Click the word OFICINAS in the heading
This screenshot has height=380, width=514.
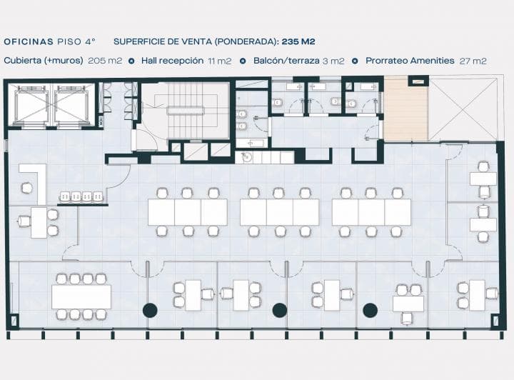(x=29, y=41)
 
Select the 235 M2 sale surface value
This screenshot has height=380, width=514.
(x=298, y=41)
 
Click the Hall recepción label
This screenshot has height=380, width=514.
(x=173, y=61)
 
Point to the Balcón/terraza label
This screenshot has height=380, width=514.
(x=286, y=61)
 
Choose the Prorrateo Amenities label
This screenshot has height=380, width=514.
(x=410, y=61)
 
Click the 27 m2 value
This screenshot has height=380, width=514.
(x=473, y=61)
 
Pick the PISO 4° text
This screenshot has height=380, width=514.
(x=76, y=41)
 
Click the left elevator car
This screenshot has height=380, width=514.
(x=29, y=105)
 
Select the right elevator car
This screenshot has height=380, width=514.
(x=72, y=105)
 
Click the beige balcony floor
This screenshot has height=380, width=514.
(x=405, y=111)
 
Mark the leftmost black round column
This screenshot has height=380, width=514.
(x=150, y=310)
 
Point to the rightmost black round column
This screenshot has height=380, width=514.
(x=370, y=310)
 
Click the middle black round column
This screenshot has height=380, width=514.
(x=280, y=310)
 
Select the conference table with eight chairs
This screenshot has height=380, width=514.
(x=81, y=296)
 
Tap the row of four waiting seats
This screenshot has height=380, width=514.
(x=81, y=196)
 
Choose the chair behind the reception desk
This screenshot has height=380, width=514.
(x=26, y=188)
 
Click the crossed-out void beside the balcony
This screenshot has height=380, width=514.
(x=463, y=109)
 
